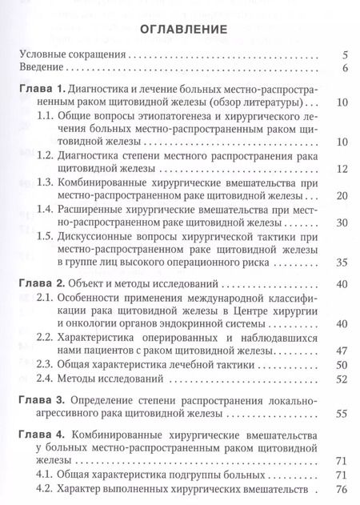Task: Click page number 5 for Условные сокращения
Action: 343,56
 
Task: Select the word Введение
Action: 40,70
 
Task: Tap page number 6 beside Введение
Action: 343,70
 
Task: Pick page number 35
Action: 341,283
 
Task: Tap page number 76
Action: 341,490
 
